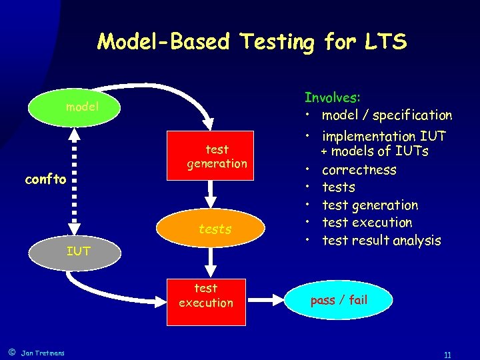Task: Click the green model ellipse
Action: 73,107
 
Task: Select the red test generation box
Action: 217,157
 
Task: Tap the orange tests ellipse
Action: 215,229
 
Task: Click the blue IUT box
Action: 78,251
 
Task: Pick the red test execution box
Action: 205,295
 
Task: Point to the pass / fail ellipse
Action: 339,300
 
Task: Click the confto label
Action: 45,179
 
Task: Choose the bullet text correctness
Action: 359,170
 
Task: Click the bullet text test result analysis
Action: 381,241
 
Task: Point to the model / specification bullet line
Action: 386,115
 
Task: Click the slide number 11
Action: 447,355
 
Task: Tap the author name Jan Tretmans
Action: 43,353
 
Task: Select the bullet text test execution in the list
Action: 367,223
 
